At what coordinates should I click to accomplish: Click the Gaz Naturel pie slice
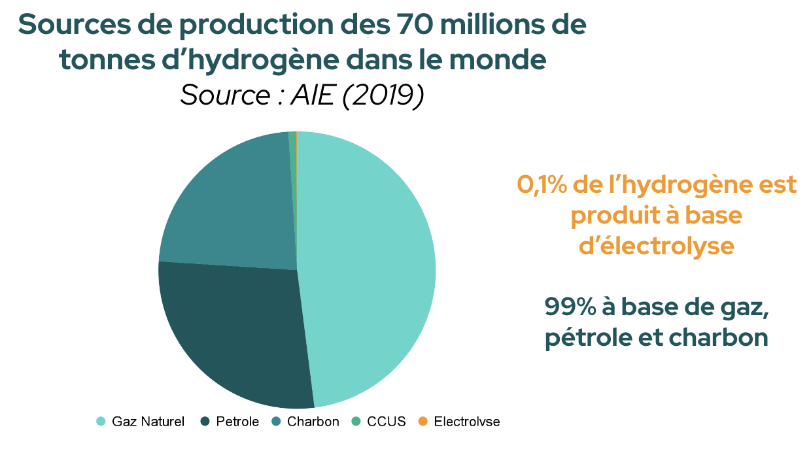pos(366,268)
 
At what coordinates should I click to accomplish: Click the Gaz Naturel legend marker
pos(101,422)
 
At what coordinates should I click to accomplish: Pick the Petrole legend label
pos(237,422)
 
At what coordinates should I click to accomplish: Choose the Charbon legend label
pos(313,422)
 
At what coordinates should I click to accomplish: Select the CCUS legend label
pos(387,422)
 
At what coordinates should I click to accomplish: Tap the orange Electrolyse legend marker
pos(423,422)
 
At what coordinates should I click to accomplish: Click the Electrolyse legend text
pos(466,422)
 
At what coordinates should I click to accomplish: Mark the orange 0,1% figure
pos(542,185)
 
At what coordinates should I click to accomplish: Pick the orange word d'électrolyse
pos(656,247)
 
